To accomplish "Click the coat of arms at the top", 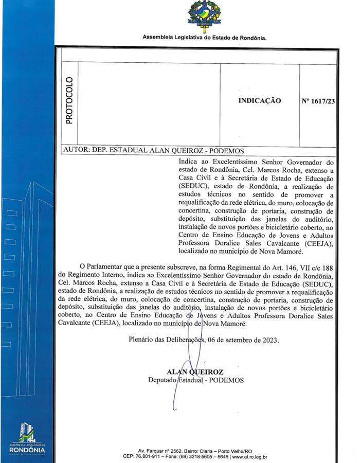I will coord(204,16).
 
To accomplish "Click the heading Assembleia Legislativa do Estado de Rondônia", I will coord(204,38).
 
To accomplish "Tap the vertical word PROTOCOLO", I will coord(69,100).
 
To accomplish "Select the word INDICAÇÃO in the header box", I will coord(259,101).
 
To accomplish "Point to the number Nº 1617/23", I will coord(318,101).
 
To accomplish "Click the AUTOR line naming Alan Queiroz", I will coord(153,151).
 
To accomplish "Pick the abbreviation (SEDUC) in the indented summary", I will coord(193,186).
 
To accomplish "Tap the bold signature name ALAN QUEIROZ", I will coord(194,372).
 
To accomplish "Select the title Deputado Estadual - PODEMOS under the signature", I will coord(196,380).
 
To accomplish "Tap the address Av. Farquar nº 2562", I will coord(162,450).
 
